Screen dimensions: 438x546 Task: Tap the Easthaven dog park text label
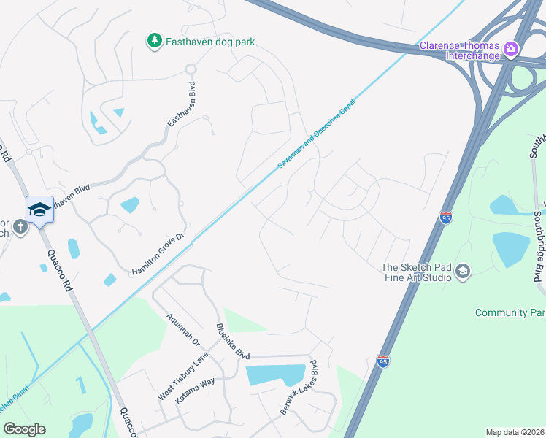(209, 42)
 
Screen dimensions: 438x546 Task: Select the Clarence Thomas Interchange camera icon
(510, 50)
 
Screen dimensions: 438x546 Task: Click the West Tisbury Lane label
(183, 376)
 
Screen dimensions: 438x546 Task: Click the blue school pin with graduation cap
(39, 210)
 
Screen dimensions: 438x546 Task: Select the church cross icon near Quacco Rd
(20, 226)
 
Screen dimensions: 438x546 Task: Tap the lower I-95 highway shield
(384, 361)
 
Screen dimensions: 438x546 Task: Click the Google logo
(24, 429)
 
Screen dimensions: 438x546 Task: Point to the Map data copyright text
(515, 432)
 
